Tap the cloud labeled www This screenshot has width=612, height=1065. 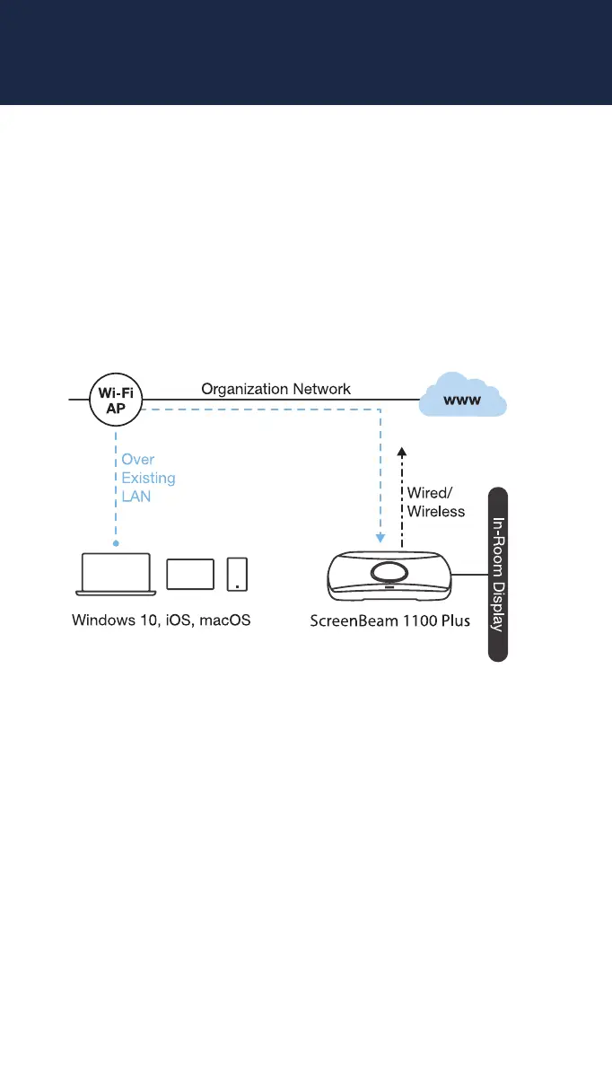(463, 397)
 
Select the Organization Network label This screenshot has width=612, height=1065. (275, 389)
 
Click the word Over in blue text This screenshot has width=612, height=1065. (138, 460)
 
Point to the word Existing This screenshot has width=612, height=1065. (148, 478)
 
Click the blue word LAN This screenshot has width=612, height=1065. (136, 496)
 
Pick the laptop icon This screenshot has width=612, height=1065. (116, 574)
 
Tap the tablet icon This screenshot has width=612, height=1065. (190, 575)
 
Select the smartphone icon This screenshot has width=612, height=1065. (237, 575)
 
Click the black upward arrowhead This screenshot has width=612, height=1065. (402, 452)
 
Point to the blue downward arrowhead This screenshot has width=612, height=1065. (380, 539)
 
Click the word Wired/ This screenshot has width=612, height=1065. (430, 493)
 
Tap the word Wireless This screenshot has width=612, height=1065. (436, 511)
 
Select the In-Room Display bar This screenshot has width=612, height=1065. (497, 575)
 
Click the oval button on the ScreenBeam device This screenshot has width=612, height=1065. (392, 572)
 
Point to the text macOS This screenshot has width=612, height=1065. (224, 621)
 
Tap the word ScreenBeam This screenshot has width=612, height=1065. (352, 621)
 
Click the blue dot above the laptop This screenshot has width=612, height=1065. (116, 543)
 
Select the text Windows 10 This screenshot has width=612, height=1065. (111, 621)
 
